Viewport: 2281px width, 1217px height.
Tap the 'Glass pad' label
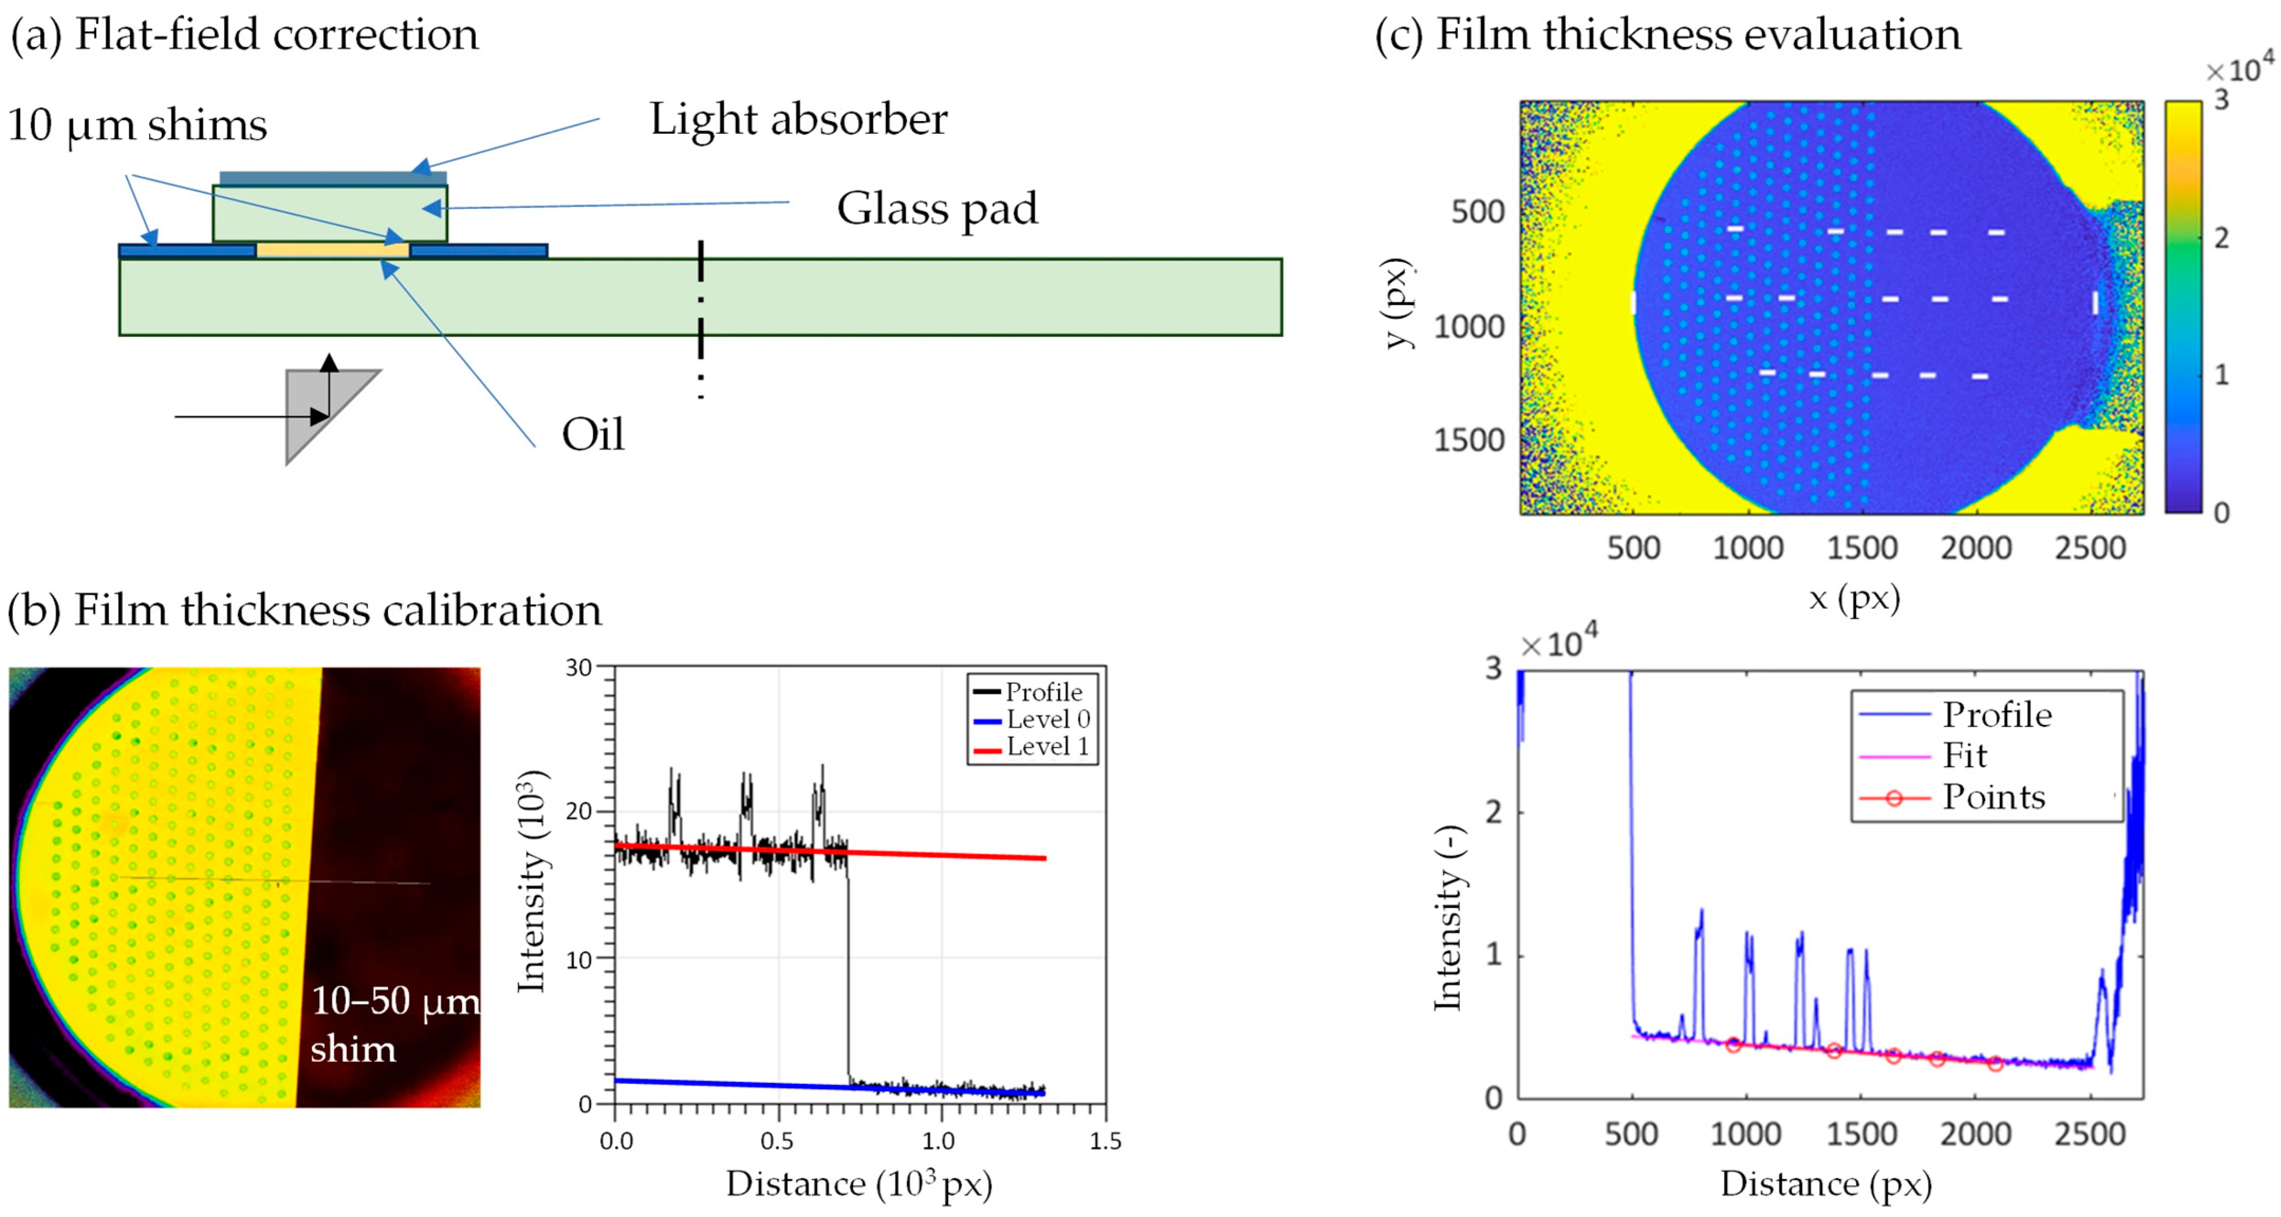click(937, 209)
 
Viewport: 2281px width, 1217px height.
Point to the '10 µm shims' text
click(137, 125)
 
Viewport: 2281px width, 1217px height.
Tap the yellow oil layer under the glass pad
click(332, 251)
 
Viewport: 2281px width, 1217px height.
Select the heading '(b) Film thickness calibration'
click(304, 610)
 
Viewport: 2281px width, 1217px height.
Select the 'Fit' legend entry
click(1964, 755)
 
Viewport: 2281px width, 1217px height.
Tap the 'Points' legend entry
click(1993, 797)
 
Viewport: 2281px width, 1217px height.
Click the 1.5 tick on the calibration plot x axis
click(1105, 1141)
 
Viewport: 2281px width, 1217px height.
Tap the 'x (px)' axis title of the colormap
click(1854, 599)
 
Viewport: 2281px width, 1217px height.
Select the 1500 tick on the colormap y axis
click(1469, 440)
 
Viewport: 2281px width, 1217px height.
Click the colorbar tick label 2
click(2221, 237)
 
